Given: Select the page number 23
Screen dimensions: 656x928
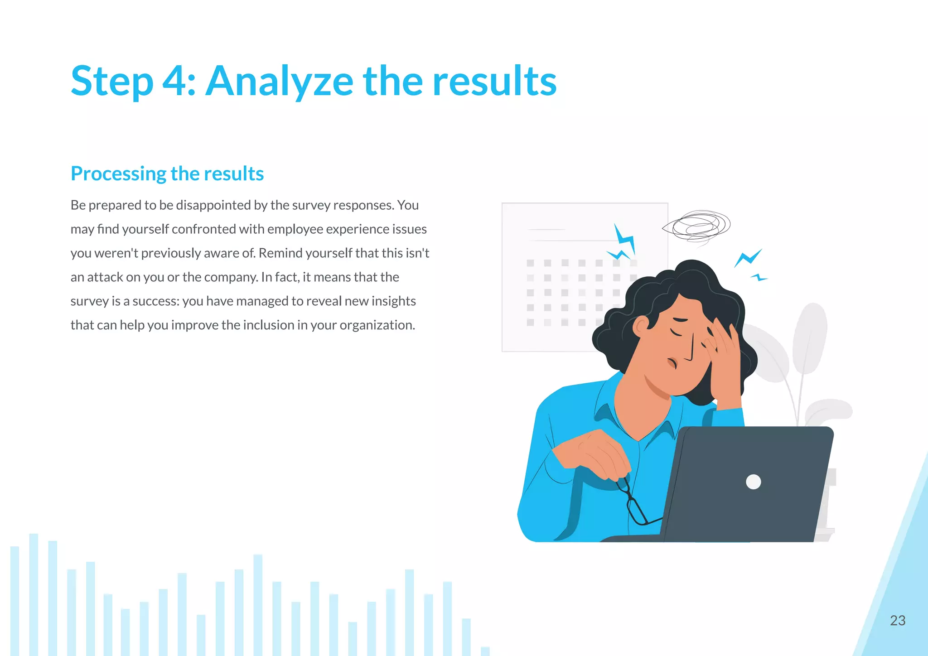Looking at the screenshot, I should coord(897,620).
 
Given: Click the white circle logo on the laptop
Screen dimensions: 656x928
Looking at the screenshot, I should coord(753,482).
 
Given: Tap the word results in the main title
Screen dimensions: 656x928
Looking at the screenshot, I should coord(494,82).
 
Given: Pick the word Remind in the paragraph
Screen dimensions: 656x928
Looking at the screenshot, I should coord(280,253).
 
